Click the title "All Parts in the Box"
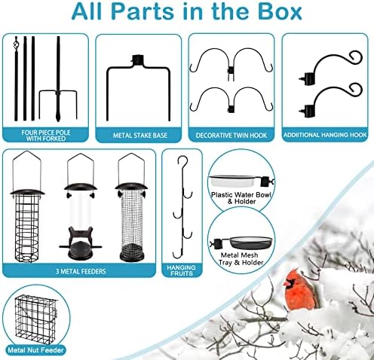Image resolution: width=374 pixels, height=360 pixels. (x=186, y=13)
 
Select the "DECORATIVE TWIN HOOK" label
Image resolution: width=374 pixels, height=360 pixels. (x=231, y=136)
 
